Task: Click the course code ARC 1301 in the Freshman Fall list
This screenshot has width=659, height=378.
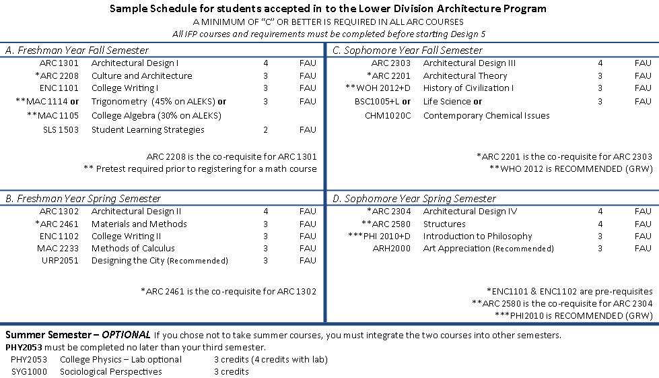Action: tap(59, 63)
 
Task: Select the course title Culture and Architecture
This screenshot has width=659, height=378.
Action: tap(141, 76)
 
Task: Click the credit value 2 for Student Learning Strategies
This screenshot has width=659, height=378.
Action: tap(265, 130)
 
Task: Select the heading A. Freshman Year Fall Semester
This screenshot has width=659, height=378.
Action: tap(77, 51)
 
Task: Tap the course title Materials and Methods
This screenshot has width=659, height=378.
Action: tap(139, 224)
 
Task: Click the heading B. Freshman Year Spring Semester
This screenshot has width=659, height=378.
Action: tap(83, 199)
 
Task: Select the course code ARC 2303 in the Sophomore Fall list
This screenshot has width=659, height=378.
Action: tap(390, 63)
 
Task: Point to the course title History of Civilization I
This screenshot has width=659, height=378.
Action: tap(468, 88)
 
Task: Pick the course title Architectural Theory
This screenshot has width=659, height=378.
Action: tap(464, 76)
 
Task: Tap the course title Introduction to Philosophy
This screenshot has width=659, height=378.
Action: tap(477, 237)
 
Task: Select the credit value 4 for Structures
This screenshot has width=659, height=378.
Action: tap(600, 224)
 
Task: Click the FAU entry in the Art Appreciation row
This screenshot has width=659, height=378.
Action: tap(643, 249)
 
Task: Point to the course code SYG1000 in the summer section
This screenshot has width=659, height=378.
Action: tap(28, 371)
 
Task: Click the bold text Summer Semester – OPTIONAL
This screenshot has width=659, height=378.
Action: tap(77, 335)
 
